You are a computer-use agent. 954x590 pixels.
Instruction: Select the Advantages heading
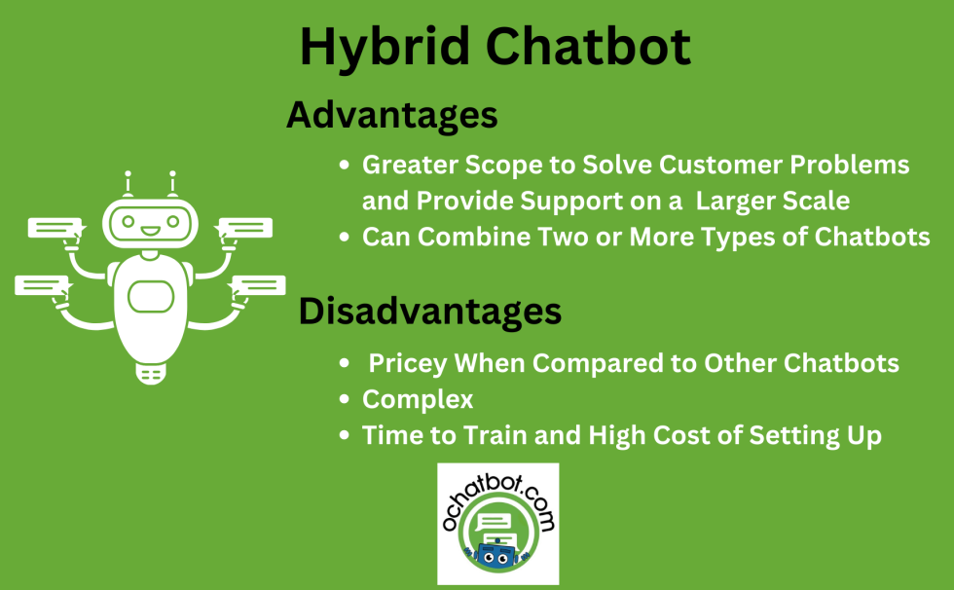click(391, 115)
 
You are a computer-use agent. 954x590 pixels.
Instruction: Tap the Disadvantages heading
click(429, 311)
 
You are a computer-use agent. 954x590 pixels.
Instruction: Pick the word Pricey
click(408, 363)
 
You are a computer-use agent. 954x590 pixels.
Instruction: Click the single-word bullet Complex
click(418, 399)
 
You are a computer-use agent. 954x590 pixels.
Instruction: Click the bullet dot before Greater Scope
click(344, 166)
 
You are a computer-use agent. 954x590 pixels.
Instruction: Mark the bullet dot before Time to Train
click(344, 436)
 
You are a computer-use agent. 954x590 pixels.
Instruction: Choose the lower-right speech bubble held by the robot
click(257, 285)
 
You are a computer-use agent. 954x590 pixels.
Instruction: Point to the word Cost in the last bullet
click(698, 435)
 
